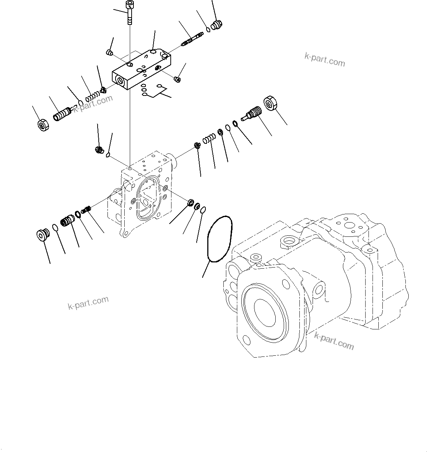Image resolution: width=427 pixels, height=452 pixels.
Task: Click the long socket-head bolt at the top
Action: click(129, 13)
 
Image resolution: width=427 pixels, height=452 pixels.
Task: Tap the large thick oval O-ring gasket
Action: click(218, 239)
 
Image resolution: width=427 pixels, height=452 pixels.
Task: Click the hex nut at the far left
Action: click(44, 125)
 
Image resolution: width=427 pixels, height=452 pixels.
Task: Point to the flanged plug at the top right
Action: click(218, 25)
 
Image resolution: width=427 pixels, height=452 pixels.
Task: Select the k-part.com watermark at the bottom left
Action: click(88, 303)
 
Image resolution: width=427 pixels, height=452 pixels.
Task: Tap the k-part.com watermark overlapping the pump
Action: click(334, 341)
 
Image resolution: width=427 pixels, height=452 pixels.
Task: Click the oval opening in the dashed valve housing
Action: click(147, 198)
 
